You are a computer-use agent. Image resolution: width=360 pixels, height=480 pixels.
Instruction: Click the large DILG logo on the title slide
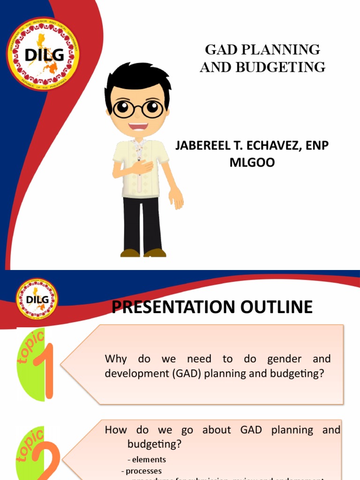43,54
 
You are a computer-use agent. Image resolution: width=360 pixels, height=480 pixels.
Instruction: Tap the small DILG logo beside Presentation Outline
37,299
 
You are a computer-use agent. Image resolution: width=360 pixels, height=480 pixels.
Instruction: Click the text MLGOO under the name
251,163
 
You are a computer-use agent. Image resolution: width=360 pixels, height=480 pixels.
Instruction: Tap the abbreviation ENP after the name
317,146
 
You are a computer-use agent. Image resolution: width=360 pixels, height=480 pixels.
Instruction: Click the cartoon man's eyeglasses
137,109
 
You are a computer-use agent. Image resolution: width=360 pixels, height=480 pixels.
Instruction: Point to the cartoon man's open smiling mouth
138,127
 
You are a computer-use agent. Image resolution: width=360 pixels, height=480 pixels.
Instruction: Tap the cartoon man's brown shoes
143,253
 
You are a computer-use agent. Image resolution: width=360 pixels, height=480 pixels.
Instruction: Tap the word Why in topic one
116,359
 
